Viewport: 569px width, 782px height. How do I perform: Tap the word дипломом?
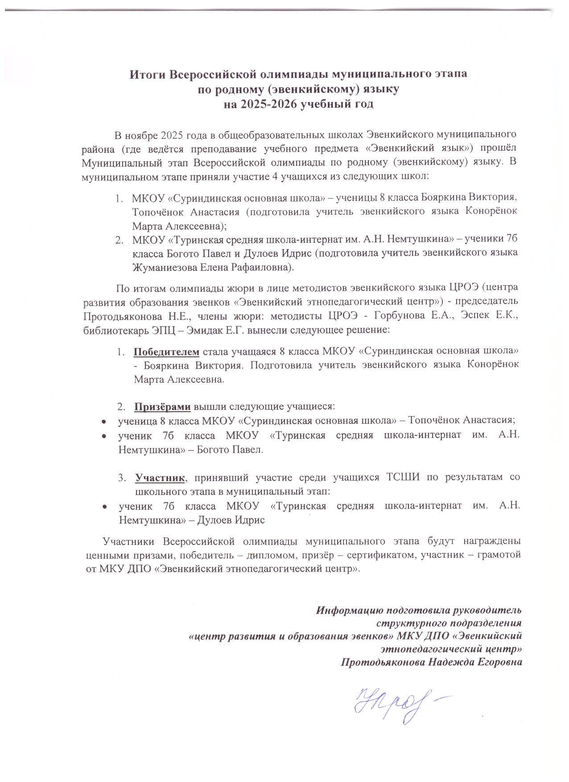(272, 556)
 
